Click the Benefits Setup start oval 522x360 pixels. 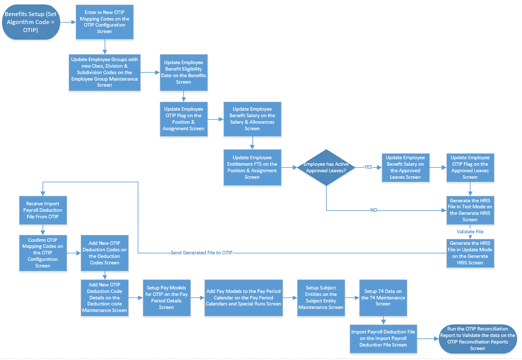tap(32, 22)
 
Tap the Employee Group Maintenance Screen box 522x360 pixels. tap(104, 72)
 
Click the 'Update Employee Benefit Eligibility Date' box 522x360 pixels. tap(183, 72)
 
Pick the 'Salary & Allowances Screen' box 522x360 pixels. tap(252, 119)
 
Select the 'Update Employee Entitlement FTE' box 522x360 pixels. tap(252, 167)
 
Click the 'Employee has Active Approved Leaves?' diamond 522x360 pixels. tap(326, 167)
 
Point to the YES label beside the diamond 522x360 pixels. tap(368, 167)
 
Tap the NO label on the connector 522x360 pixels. tap(374, 210)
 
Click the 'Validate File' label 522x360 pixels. tap(470, 232)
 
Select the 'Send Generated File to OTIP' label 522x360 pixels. tap(202, 253)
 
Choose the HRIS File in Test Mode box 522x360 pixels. tap(470, 210)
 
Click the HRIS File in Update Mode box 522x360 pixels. tap(470, 253)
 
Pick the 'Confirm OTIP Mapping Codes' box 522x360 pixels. tap(43, 253)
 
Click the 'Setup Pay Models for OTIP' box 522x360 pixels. tap(166, 297)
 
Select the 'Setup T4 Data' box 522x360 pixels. tap(383, 297)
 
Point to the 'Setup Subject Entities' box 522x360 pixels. tap(321, 297)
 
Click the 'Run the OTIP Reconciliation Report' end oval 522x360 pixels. tap(477, 338)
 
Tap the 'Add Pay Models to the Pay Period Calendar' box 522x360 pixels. tap(243, 297)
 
